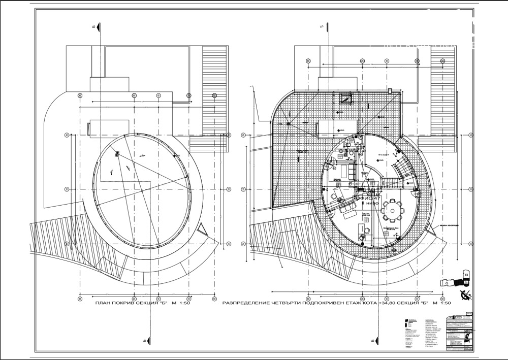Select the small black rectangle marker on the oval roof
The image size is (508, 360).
pyautogui.click(x=117, y=153)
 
